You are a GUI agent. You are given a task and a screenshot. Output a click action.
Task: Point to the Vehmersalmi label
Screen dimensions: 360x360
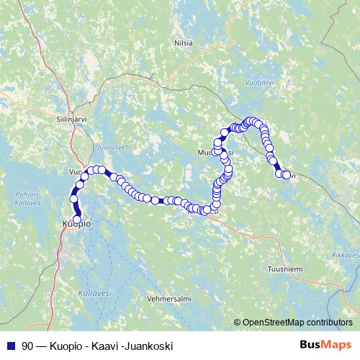[x=168, y=297]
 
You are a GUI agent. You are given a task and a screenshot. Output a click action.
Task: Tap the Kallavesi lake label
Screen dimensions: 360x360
[x=94, y=293]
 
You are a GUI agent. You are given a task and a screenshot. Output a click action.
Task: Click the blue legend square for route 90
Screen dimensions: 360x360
[x=9, y=345]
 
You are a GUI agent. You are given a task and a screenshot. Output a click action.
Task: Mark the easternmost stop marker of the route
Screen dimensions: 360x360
[x=287, y=175]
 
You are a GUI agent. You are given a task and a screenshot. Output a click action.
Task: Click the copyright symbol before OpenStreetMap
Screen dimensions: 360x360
[x=237, y=322]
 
